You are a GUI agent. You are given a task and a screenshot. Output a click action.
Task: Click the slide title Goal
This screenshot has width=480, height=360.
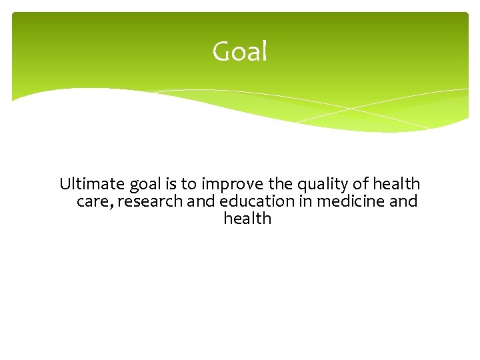pyautogui.click(x=239, y=51)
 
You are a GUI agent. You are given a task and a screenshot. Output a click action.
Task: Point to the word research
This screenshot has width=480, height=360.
pyautogui.click(x=149, y=201)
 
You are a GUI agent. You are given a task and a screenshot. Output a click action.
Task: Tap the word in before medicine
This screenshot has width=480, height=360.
pyautogui.click(x=306, y=201)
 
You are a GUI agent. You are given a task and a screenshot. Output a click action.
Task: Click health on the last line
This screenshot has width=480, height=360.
pyautogui.click(x=247, y=219)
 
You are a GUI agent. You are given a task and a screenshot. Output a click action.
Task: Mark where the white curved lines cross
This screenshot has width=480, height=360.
pyautogui.click(x=351, y=109)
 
